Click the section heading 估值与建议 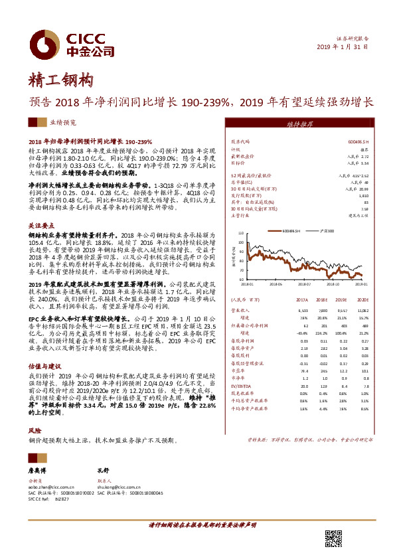click(x=45, y=366)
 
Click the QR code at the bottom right click(x=333, y=540)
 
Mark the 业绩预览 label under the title click(x=63, y=123)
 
